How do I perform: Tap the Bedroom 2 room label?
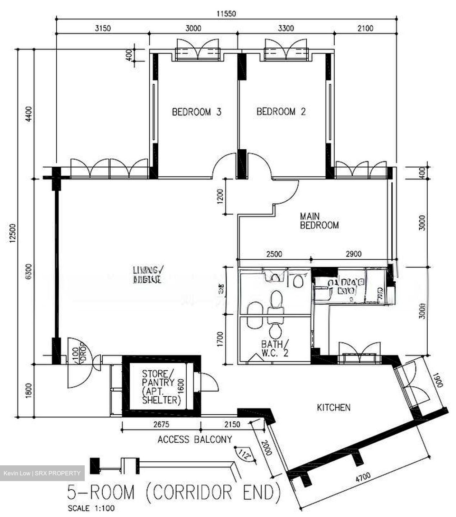click(281, 112)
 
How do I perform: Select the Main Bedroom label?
click(319, 221)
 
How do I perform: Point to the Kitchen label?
click(333, 407)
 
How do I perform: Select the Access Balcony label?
click(195, 439)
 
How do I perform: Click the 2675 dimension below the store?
click(160, 424)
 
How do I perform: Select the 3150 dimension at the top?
click(103, 28)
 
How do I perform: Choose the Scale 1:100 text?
click(91, 508)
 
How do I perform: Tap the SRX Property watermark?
click(42, 473)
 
